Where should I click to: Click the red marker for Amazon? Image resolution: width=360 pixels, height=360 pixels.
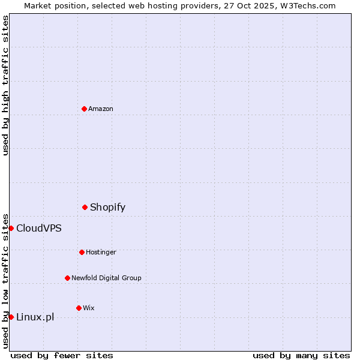(x=84, y=109)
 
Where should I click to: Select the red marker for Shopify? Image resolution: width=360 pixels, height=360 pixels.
(x=85, y=207)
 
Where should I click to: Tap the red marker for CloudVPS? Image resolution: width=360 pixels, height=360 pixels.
(x=11, y=228)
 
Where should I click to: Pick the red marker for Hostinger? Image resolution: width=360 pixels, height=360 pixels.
(x=82, y=252)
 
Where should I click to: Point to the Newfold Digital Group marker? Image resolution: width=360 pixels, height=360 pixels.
(x=67, y=278)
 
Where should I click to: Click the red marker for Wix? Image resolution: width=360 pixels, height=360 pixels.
(x=79, y=308)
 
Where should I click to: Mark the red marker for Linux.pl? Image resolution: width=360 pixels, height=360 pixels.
(x=11, y=317)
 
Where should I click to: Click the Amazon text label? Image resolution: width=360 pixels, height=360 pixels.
(x=101, y=109)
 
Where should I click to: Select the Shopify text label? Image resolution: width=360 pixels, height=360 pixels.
(x=108, y=207)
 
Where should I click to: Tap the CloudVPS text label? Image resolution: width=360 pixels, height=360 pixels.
(x=39, y=228)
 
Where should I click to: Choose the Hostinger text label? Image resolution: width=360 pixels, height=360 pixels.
(x=101, y=252)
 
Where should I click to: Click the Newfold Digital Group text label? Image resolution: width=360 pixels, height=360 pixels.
(x=106, y=278)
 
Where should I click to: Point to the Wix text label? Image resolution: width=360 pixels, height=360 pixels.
(x=89, y=308)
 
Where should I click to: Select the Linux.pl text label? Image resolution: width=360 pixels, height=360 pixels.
(x=35, y=317)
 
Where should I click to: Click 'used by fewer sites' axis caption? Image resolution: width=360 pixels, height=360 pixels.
(x=62, y=355)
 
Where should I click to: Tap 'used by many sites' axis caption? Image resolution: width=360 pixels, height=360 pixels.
(x=301, y=355)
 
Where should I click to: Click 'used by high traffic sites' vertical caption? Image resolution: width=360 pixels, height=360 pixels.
(x=5, y=85)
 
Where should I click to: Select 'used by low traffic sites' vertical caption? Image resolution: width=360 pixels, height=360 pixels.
(x=5, y=281)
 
